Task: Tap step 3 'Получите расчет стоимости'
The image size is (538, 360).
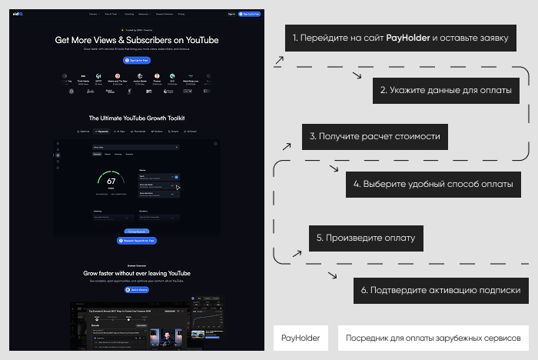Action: (x=374, y=136)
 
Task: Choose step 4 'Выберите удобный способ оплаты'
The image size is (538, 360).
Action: (x=433, y=185)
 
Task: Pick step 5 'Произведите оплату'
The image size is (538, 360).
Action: (x=366, y=238)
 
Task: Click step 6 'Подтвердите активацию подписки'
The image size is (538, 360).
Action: (x=441, y=291)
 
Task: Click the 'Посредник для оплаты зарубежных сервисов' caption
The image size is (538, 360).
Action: (x=433, y=338)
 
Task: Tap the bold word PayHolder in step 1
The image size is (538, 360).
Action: (x=407, y=37)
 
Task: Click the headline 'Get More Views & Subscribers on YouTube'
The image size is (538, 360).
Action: (x=137, y=41)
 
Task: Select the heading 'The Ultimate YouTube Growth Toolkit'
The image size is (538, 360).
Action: (x=137, y=118)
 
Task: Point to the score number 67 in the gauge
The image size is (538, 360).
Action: (x=111, y=182)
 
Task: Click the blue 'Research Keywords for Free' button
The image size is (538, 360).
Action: (x=137, y=241)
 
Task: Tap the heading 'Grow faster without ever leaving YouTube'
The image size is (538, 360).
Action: (x=137, y=273)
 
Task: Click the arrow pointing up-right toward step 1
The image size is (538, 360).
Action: (x=279, y=58)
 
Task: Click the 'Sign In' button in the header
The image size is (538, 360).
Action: (x=231, y=14)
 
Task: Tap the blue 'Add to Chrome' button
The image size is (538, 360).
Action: (x=137, y=290)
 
